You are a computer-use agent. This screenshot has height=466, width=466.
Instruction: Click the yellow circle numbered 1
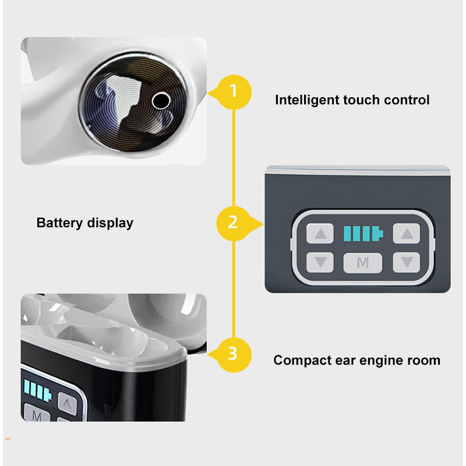234,92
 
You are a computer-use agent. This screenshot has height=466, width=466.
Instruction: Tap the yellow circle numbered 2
234,224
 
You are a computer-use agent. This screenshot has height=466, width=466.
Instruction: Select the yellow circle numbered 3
234,355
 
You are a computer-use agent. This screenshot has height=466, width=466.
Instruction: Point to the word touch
361,100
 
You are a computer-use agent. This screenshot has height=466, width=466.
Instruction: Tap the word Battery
59,223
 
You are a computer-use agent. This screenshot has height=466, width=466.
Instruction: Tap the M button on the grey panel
362,263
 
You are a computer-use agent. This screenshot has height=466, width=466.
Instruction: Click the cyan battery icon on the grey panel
363,234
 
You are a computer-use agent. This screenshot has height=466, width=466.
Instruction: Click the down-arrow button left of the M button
320,263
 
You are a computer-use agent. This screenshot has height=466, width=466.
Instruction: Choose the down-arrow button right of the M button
406,263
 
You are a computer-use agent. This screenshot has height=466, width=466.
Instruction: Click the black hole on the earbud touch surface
161,100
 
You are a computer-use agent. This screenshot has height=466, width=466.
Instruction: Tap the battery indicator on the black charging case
37,390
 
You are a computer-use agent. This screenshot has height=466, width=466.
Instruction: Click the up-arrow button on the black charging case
67,403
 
